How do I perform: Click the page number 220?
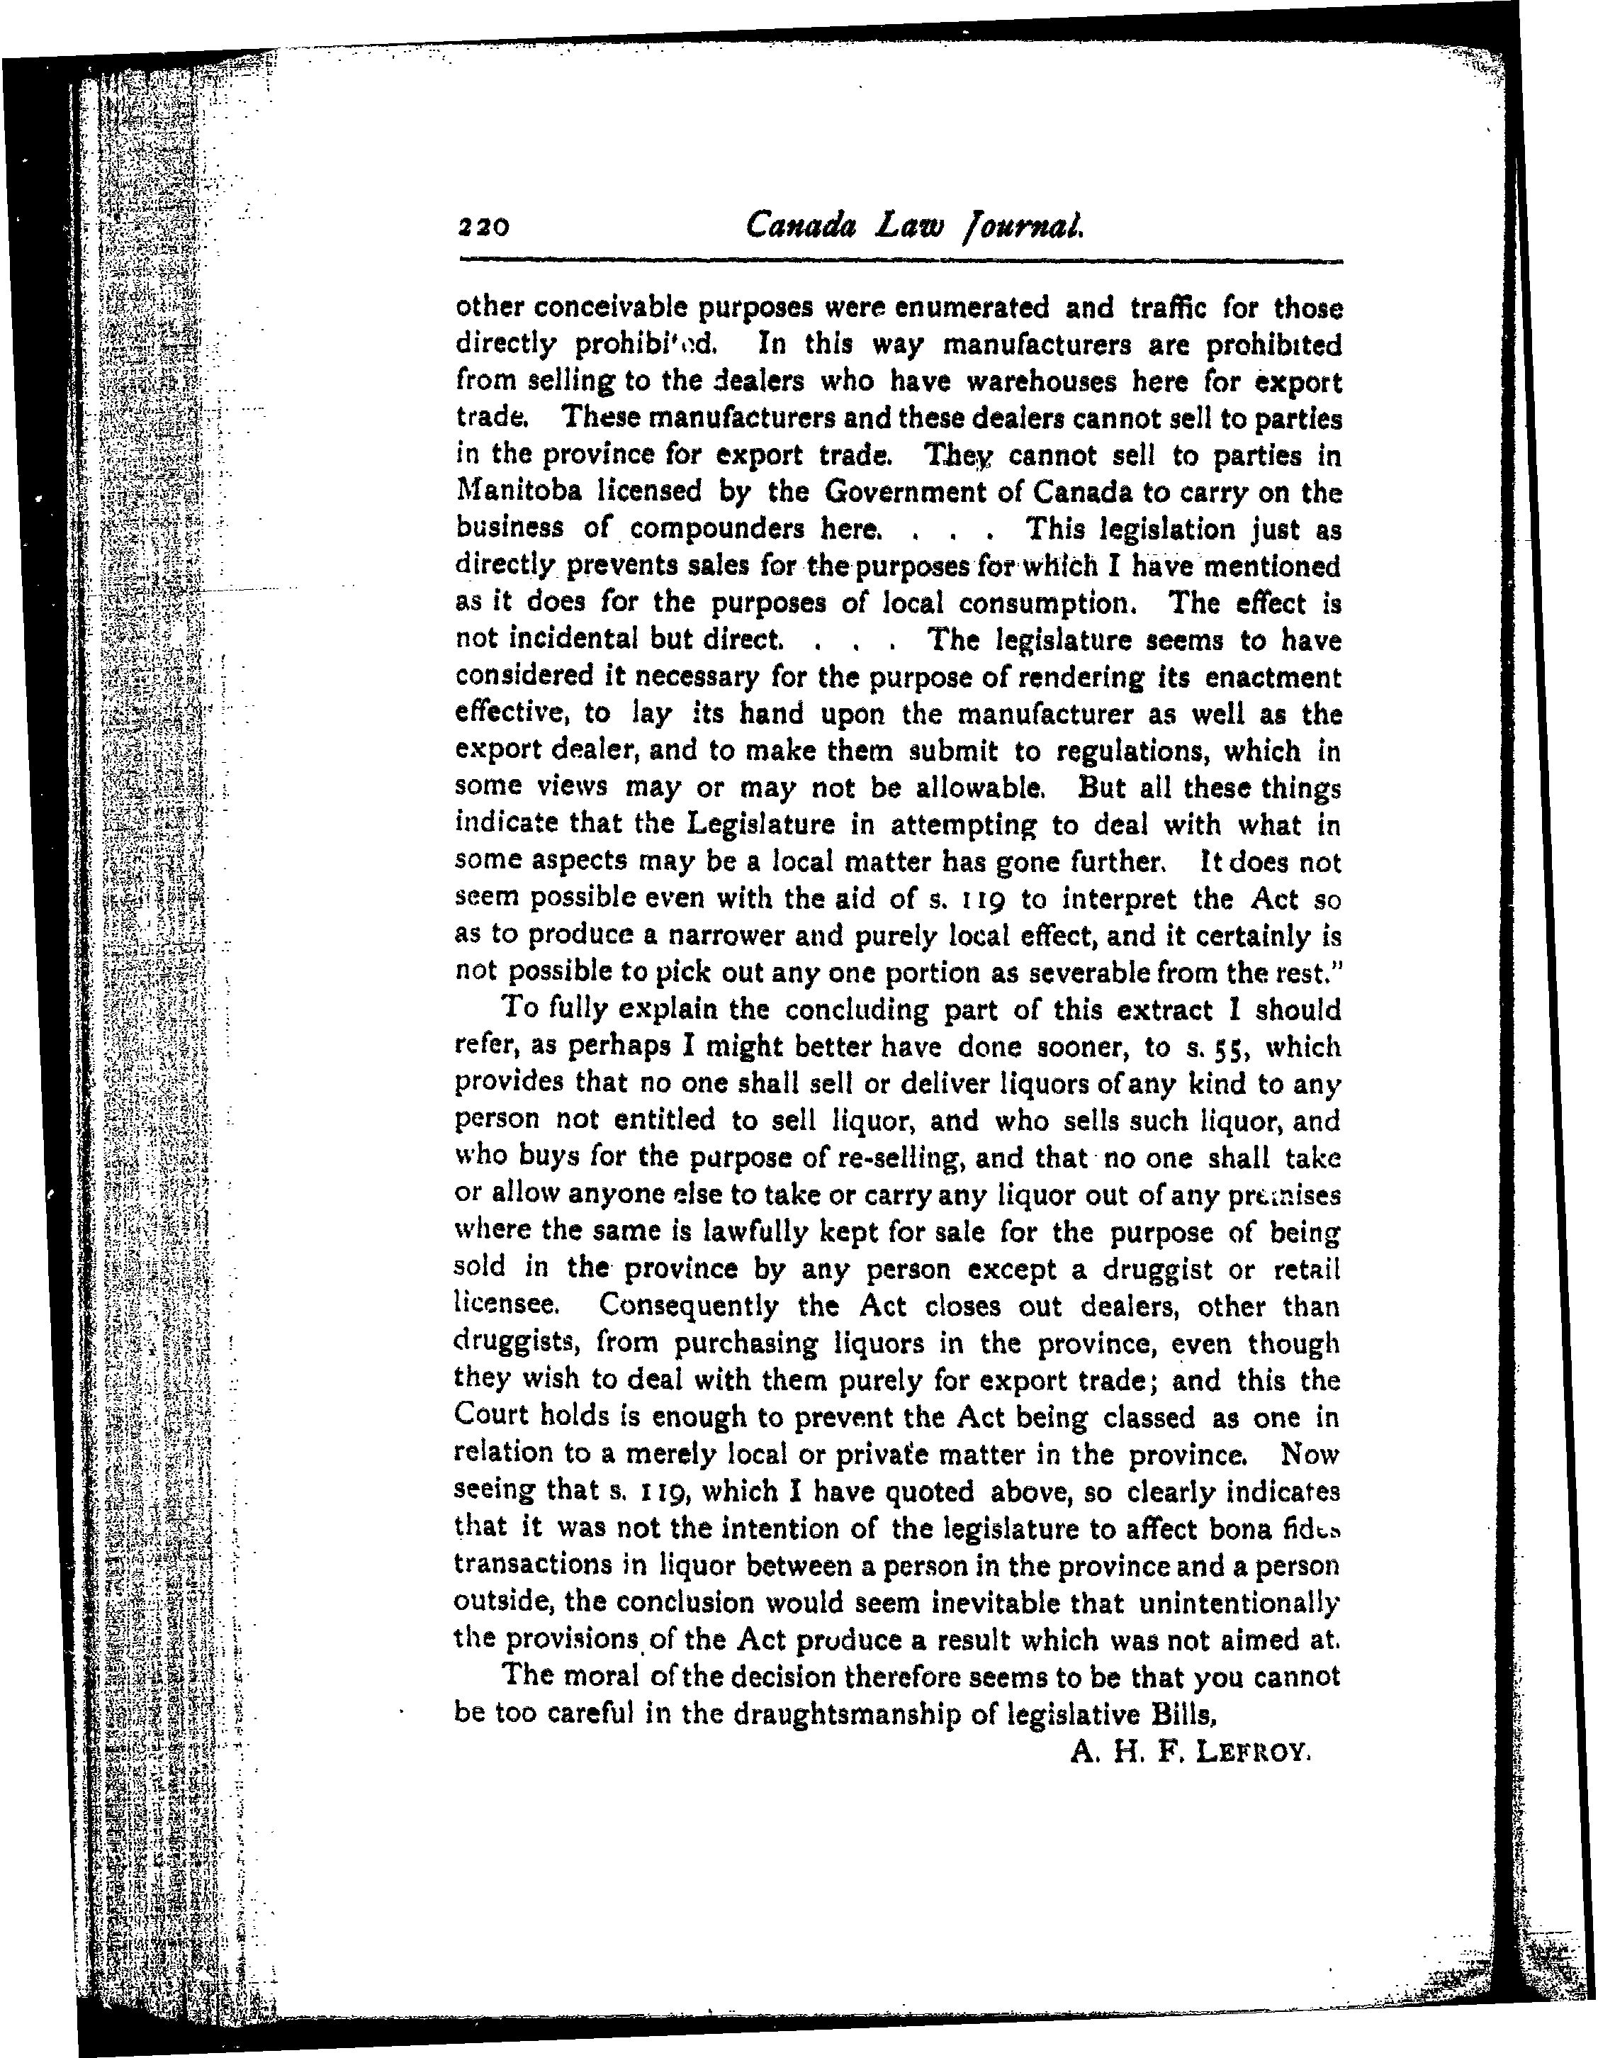point(483,226)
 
